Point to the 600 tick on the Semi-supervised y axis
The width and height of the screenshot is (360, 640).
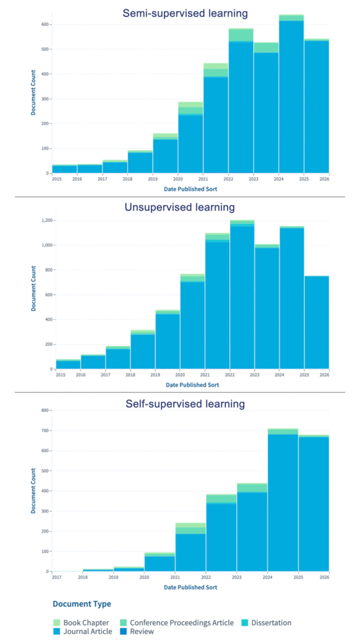[x=45, y=24]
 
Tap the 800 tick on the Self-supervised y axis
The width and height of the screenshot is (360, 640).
[x=45, y=411]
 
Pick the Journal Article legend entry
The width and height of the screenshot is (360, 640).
[x=87, y=631]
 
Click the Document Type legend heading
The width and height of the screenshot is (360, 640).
[x=81, y=604]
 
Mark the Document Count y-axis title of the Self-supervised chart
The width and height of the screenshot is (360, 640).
[x=32, y=491]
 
